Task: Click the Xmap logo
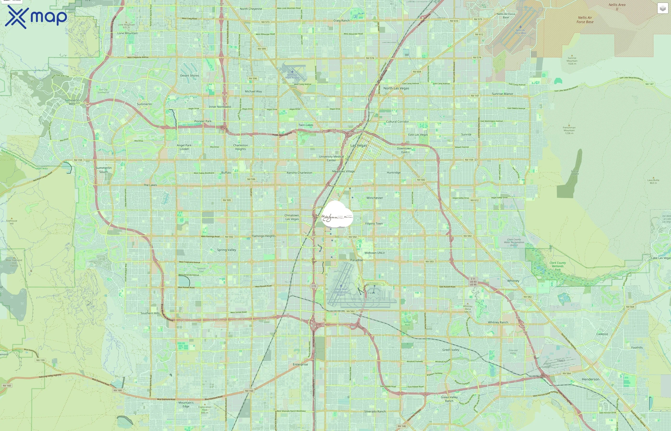[x=36, y=17]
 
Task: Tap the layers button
[x=663, y=8]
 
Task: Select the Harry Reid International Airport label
[x=341, y=292]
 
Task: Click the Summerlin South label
[x=104, y=170]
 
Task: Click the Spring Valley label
[x=226, y=250]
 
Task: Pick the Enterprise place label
[x=300, y=364]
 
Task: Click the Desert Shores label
[x=190, y=76]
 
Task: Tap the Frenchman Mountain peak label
[x=569, y=130]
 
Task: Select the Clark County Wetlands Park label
[x=558, y=266]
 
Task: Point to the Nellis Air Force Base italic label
[x=585, y=20]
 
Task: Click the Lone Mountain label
[x=127, y=33]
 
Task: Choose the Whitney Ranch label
[x=498, y=322]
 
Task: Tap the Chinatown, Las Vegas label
[x=292, y=217]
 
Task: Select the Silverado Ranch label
[x=375, y=411]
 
